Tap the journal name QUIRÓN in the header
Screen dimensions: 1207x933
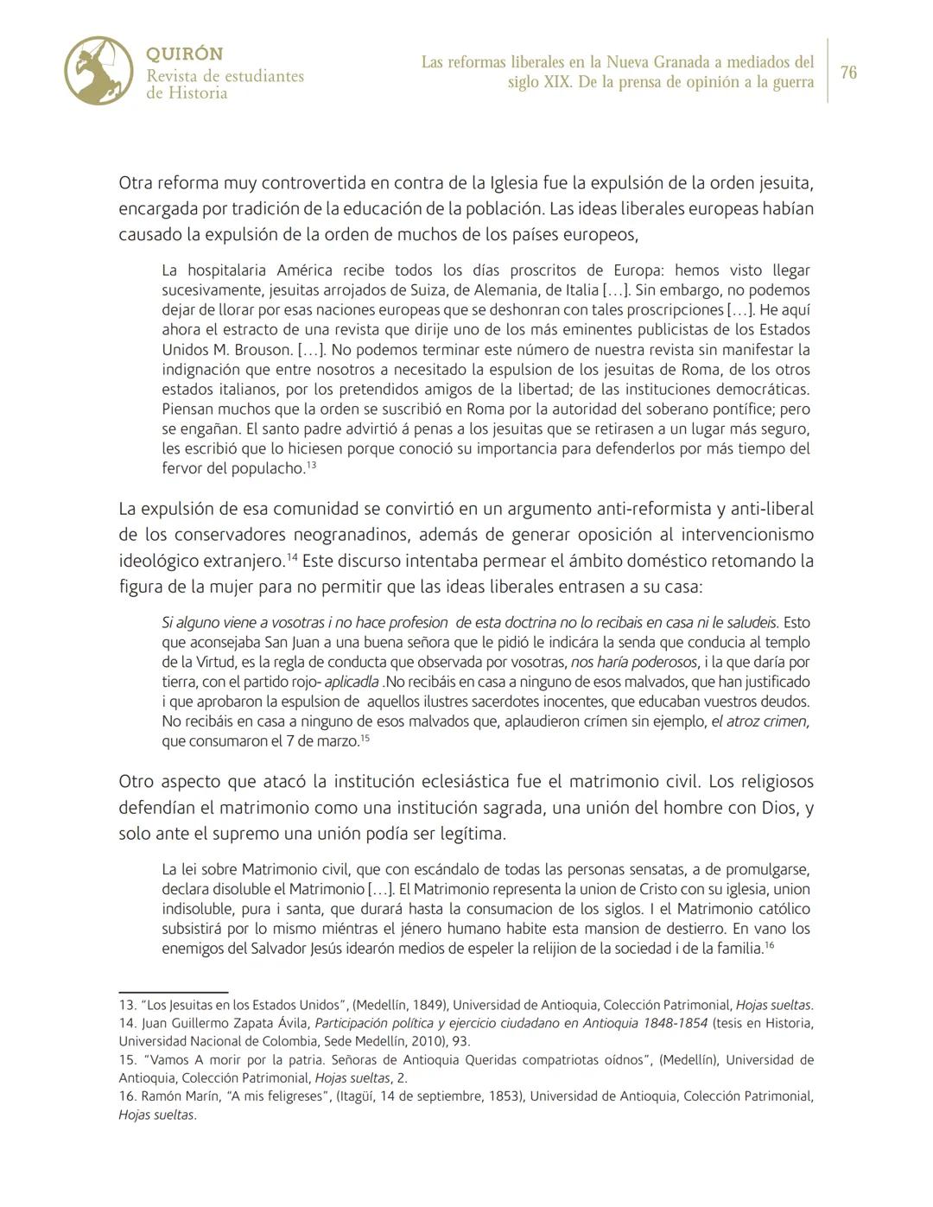click(185, 54)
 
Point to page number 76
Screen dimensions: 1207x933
click(848, 73)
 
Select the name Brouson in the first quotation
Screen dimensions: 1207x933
click(262, 350)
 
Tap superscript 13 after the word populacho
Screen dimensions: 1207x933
click(312, 466)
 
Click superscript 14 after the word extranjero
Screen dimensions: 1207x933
click(292, 558)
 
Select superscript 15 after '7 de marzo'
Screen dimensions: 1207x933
click(365, 739)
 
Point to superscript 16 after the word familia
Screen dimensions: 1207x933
click(769, 946)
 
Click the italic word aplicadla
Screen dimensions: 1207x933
click(352, 682)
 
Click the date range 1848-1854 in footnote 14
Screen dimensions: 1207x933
click(670, 1023)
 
